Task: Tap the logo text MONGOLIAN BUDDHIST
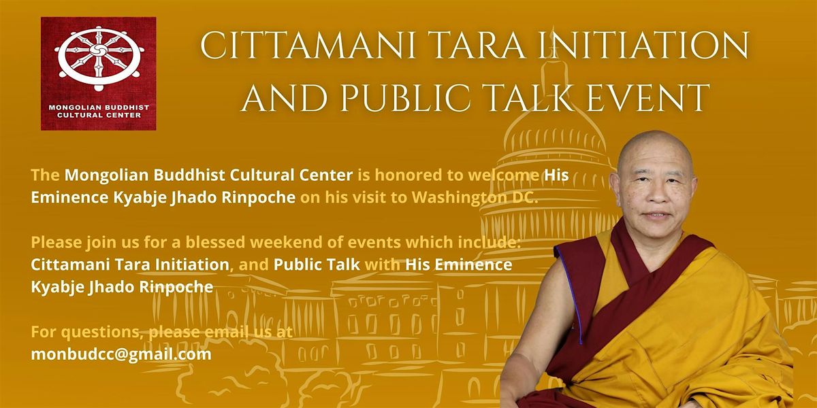(98, 107)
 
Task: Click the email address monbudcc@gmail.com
(121, 354)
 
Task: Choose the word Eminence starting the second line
(64, 199)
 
